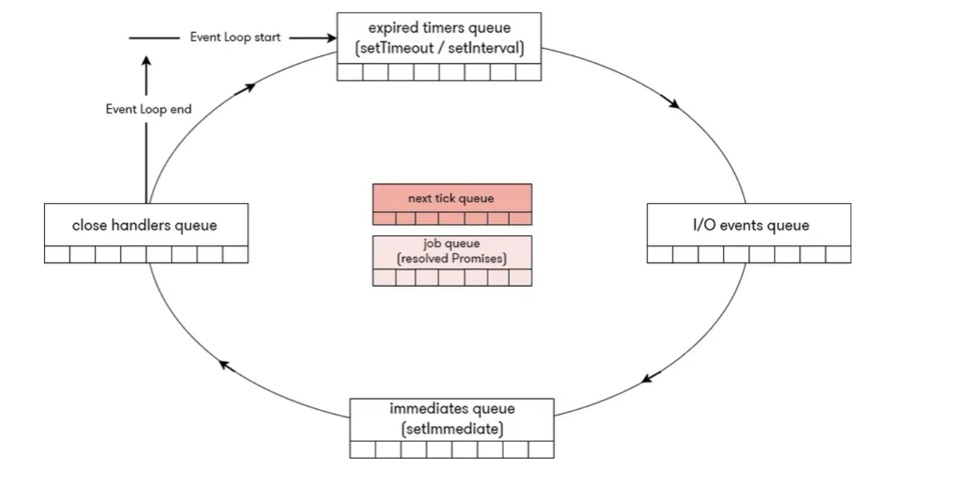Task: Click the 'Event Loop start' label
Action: [x=235, y=37]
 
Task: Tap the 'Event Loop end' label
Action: [x=148, y=109]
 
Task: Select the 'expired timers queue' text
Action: [x=439, y=29]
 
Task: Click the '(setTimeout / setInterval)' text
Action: [x=439, y=48]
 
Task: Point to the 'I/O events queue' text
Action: [x=750, y=225]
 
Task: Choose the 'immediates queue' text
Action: [x=452, y=409]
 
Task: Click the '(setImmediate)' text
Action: [x=452, y=429]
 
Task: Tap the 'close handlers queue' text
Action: [x=145, y=225]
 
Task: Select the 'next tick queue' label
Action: [x=451, y=198]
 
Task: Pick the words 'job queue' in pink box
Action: [x=452, y=244]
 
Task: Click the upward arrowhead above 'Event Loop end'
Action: [x=147, y=61]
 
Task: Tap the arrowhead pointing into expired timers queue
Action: [x=331, y=37]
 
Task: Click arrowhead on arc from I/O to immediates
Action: [x=647, y=379]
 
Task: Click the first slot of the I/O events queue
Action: [x=660, y=254]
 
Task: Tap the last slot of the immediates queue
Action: [x=541, y=449]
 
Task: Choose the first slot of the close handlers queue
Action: [x=57, y=254]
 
